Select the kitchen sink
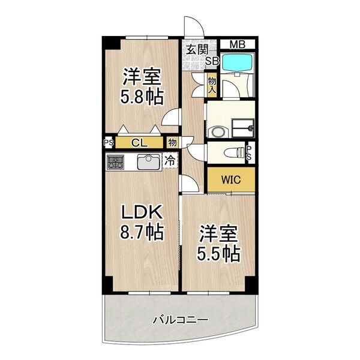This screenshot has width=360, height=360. [x=147, y=161]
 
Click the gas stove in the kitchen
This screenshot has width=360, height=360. [x=115, y=161]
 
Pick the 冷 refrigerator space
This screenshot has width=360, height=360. [x=170, y=161]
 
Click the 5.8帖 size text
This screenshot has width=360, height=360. [x=143, y=97]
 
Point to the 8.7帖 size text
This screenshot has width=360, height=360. [x=143, y=232]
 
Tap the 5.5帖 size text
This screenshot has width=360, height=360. [x=219, y=253]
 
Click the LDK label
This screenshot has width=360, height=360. [x=143, y=212]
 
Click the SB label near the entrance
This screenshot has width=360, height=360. [x=212, y=60]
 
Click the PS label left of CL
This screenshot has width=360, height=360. [x=109, y=143]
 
